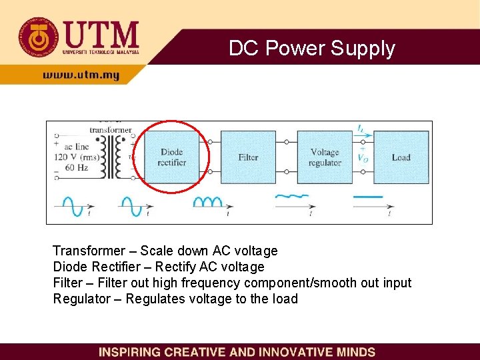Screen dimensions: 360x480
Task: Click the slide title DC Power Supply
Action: (x=312, y=48)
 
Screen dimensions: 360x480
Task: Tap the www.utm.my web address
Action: (x=81, y=75)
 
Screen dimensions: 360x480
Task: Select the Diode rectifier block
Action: (x=171, y=157)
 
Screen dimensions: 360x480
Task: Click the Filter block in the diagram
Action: (x=248, y=157)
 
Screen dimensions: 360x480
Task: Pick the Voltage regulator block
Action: (x=325, y=157)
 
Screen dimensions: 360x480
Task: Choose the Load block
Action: (x=401, y=157)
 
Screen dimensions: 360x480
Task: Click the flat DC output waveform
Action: (x=367, y=197)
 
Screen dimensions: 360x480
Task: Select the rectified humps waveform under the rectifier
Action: (x=207, y=201)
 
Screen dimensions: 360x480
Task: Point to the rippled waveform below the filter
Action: (x=292, y=197)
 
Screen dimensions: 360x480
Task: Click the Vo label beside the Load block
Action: (x=363, y=158)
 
